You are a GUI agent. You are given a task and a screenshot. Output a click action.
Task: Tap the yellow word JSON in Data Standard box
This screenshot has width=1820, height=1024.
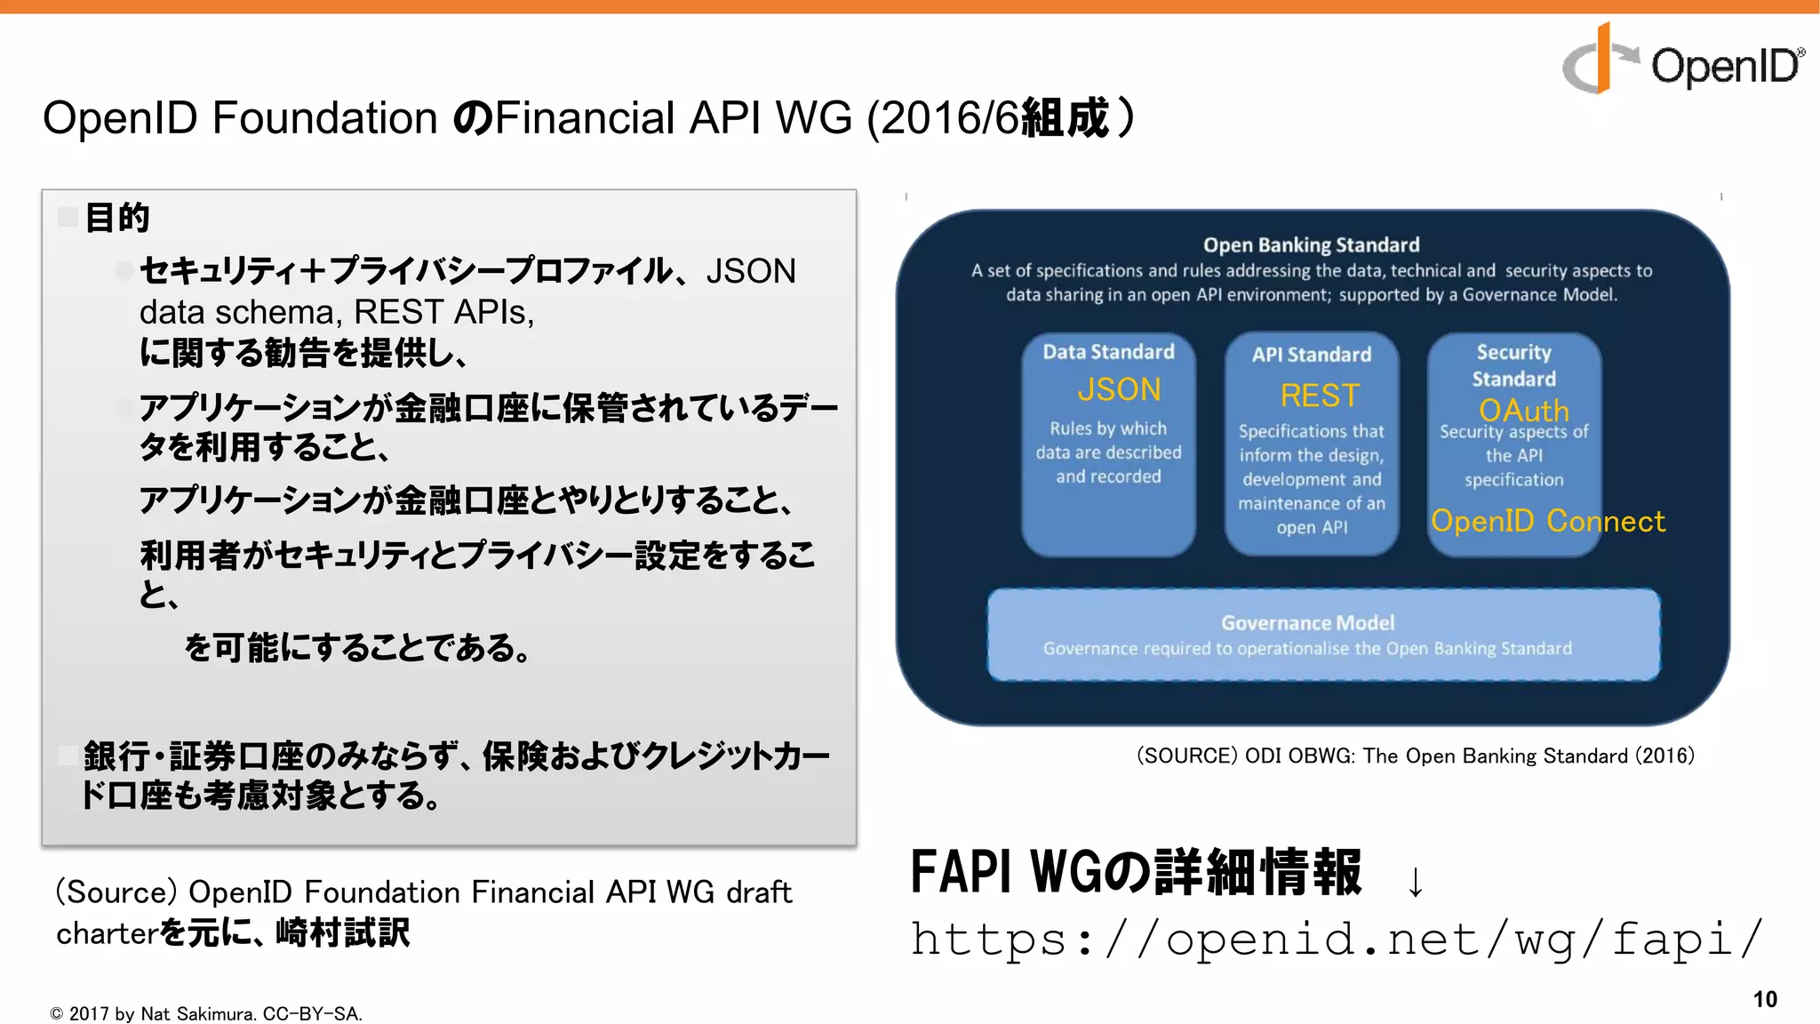[1119, 389]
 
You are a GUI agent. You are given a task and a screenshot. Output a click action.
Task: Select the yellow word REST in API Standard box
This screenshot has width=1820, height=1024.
[1320, 395]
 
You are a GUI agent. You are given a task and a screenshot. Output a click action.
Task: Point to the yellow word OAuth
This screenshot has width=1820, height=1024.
[1523, 410]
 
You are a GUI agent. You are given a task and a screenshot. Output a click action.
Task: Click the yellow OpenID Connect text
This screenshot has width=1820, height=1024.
[1547, 521]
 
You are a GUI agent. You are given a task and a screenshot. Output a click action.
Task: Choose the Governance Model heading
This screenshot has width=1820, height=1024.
[1307, 622]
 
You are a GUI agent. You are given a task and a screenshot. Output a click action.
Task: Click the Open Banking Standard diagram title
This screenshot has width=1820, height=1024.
[1311, 244]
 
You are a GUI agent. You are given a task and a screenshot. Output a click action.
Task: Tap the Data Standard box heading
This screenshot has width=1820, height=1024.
[1108, 352]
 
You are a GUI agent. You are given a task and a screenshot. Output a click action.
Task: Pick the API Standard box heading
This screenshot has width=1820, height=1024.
[1312, 355]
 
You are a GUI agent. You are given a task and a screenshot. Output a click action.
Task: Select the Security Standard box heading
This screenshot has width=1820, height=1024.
[1513, 365]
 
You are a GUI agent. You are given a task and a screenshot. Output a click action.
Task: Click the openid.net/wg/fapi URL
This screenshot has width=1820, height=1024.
[1337, 939]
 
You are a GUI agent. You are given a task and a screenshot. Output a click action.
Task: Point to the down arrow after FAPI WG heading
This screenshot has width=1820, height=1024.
[1415, 882]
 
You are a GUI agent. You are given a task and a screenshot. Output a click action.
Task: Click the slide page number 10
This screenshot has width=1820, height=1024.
[1765, 999]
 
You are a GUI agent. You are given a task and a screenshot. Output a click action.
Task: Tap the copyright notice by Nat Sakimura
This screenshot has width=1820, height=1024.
[206, 1013]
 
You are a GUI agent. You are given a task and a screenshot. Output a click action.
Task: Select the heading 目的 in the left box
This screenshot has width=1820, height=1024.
[116, 218]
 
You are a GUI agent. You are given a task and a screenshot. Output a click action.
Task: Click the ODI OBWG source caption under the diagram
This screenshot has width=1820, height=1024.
[1415, 756]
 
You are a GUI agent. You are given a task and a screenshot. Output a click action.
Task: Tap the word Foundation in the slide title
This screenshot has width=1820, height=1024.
[324, 118]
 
